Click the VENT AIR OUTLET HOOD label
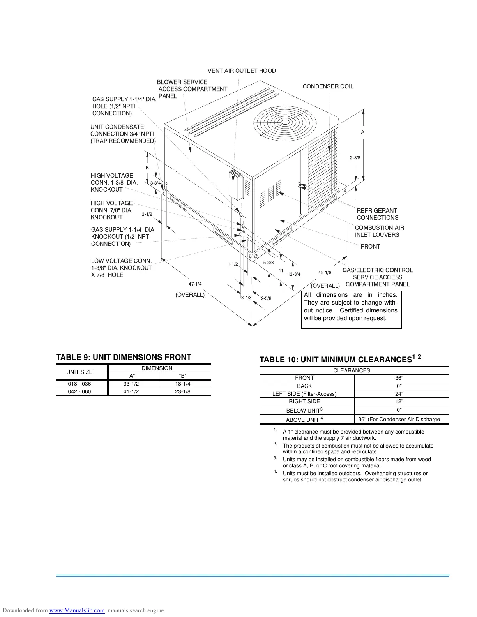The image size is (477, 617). [x=242, y=71]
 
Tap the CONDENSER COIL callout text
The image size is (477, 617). [x=328, y=86]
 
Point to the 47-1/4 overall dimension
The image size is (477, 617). [x=195, y=284]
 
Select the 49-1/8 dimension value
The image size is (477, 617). [x=325, y=273]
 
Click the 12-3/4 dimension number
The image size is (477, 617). [x=294, y=274]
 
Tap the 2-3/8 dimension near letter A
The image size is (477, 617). [x=355, y=158]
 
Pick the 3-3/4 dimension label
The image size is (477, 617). [x=155, y=183]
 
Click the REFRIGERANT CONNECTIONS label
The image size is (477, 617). [x=377, y=214]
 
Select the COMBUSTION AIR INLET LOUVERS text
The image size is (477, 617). [x=379, y=231]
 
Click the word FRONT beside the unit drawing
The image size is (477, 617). [x=370, y=247]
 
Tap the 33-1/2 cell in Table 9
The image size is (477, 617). [x=131, y=384]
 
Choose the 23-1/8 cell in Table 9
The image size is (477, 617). [x=182, y=391]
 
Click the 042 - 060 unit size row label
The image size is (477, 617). [x=79, y=391]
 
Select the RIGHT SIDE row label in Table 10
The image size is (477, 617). [x=304, y=401]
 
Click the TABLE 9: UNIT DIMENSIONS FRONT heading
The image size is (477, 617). [x=124, y=357]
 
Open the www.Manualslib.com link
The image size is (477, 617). [x=77, y=610]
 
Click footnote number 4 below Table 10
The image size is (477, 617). [x=275, y=472]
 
